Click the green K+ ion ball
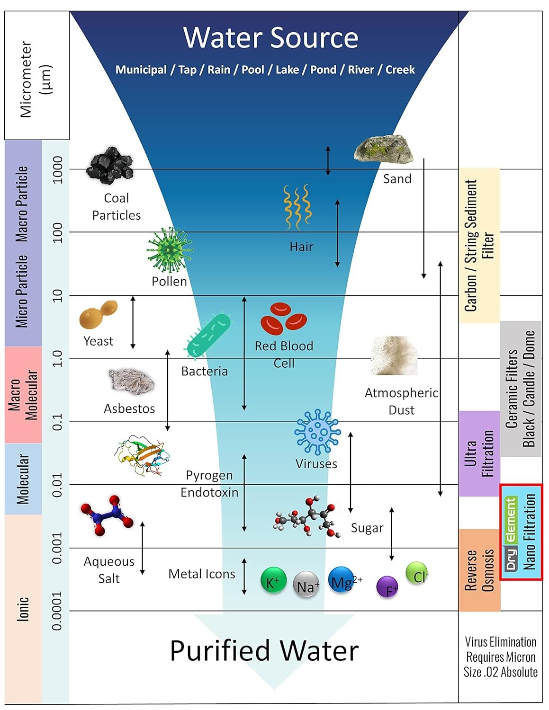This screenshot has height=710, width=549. (273, 580)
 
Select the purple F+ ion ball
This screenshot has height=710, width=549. (387, 587)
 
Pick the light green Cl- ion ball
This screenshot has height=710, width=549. (417, 573)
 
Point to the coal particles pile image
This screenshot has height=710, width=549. (110, 165)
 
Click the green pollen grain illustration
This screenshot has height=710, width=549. (169, 250)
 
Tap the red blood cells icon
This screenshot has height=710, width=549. (283, 318)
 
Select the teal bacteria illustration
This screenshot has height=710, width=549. (209, 335)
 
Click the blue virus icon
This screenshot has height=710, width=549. (317, 432)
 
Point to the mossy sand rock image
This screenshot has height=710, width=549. (383, 149)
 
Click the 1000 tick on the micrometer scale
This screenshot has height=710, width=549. (57, 170)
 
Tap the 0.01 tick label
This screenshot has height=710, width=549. (57, 485)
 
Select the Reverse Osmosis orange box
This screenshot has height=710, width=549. (479, 570)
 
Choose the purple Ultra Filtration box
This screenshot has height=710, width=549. (479, 453)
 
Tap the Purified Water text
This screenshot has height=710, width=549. (264, 651)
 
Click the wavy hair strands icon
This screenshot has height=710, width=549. (297, 206)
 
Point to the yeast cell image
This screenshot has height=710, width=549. (98, 314)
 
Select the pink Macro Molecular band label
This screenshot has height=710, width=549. (23, 395)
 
